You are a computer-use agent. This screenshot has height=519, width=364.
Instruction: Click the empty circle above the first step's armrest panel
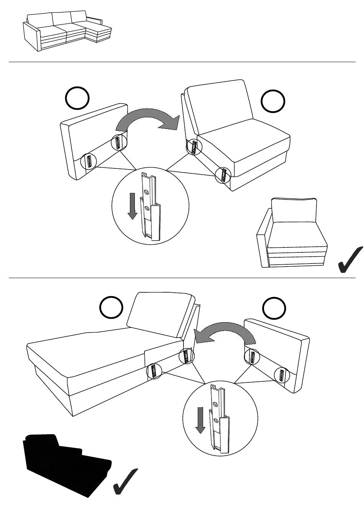point(77,98)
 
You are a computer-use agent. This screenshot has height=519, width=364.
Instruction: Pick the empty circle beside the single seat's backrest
point(273,101)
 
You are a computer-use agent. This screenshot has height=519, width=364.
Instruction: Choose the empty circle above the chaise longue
point(111,307)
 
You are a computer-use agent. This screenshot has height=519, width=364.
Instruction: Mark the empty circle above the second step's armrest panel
point(274,308)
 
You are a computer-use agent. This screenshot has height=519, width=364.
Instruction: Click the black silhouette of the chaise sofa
point(65,464)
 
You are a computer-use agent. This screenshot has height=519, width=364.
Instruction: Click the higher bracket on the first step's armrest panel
point(118,143)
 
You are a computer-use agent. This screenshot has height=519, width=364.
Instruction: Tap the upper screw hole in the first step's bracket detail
point(146,191)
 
